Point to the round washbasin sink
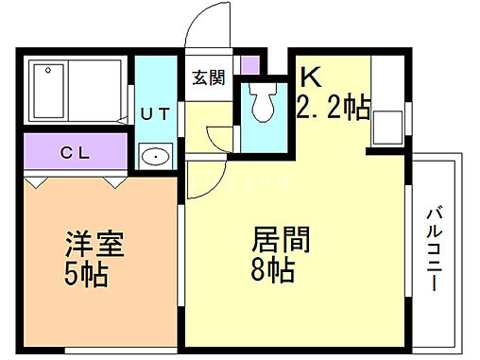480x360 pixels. tap(155, 157)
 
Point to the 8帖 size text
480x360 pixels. tap(275, 270)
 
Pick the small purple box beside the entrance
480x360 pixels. tap(249, 68)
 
